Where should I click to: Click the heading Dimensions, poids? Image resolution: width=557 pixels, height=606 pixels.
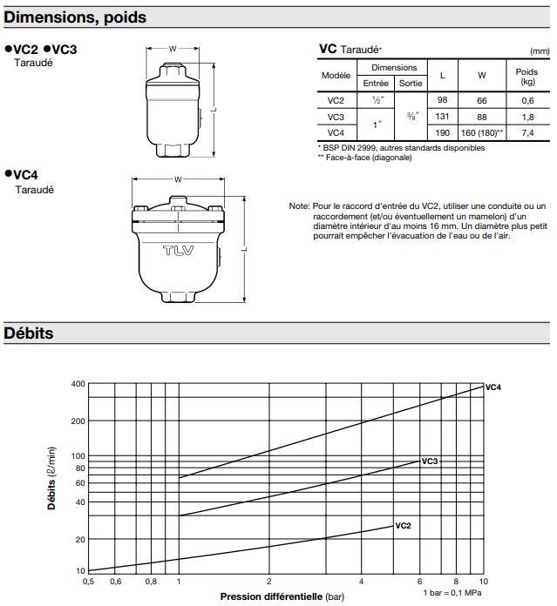coord(76,17)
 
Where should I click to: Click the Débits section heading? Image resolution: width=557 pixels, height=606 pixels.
coord(30,333)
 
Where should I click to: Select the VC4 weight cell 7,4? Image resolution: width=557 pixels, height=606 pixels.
coord(526,132)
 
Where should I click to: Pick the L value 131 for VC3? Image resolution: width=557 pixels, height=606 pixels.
coord(442,117)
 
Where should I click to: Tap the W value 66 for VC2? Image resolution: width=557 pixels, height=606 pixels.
coord(481,100)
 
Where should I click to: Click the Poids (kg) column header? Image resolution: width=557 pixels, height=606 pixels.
coord(526,76)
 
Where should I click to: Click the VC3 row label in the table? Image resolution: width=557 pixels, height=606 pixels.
coord(336,117)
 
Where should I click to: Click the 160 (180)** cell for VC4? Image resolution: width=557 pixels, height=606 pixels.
coord(482,132)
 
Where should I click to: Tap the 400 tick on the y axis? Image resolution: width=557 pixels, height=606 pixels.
coord(78,384)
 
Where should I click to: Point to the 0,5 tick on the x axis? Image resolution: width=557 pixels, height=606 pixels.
coord(88,581)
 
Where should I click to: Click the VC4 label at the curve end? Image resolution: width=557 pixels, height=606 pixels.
coord(493,386)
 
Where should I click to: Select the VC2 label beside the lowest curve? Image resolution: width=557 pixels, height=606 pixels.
coord(403,526)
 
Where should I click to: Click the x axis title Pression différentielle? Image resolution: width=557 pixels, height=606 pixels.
coord(271,596)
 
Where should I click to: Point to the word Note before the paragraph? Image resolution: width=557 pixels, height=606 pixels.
coord(299,205)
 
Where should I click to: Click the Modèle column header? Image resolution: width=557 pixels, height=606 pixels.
coord(336,76)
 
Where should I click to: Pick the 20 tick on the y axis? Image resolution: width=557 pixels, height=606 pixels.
coord(79,540)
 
